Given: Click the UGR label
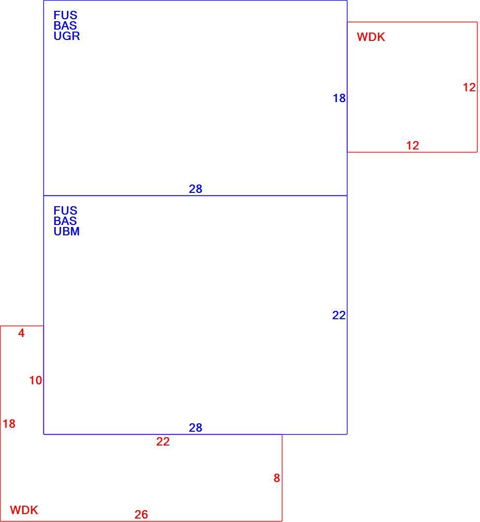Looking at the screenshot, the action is pos(67,36).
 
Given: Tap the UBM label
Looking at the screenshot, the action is pos(67,231).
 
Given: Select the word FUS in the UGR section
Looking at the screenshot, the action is pos(65,15).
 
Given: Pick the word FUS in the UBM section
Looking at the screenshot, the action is pos(65,211).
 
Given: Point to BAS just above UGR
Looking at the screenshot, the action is pos(65,26).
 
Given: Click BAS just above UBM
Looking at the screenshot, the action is pos(65,221).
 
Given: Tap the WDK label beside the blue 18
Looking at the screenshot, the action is pos(371,37).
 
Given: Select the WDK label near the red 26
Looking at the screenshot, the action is pos(24,510).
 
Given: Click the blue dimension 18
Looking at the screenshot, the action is pos(339,98).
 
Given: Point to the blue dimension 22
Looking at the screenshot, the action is pos(339,315).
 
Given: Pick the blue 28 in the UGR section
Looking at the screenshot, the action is pos(196,189).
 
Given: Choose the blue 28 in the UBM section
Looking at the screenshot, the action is pos(196,428).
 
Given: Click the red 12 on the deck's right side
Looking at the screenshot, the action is pos(469,87).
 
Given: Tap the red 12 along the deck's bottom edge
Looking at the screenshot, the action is pos(412,146).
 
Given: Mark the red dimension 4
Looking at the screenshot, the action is pos(21,333).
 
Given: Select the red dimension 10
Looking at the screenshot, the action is pos(35,380).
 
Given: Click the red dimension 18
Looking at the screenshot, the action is pos(9,424).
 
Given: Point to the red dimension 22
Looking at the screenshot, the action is pos(163,442).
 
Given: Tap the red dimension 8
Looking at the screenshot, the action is pos(276,478).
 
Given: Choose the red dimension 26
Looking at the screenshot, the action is pos(141,515).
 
